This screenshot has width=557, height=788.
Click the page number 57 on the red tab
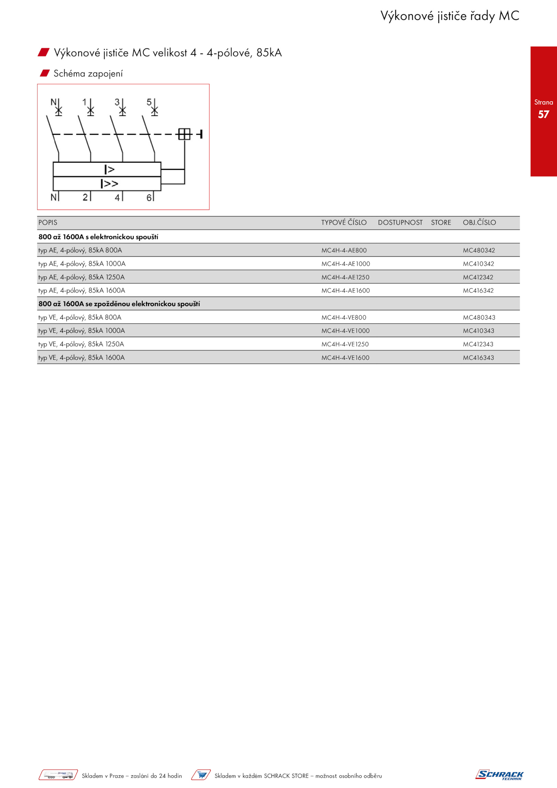click(x=543, y=114)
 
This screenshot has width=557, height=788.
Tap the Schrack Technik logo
click(x=499, y=775)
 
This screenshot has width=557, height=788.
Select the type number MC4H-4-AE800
click(x=344, y=250)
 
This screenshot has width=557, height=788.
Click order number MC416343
click(x=478, y=358)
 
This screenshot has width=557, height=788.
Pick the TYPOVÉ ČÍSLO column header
click(x=344, y=223)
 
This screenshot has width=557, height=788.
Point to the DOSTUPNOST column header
click(x=400, y=223)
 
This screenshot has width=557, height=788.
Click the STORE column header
click(x=441, y=223)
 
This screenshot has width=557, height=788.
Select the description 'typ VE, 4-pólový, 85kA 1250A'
click(x=81, y=344)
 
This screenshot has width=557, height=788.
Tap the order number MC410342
click(x=478, y=264)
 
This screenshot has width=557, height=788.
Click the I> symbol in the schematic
click(x=109, y=170)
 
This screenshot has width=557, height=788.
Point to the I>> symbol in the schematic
click(x=109, y=184)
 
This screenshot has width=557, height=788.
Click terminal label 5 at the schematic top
click(x=149, y=102)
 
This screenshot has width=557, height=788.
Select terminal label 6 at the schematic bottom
click(x=149, y=198)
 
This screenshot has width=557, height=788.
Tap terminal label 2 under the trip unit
click(x=85, y=197)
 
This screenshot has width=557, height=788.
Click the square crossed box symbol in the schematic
click(x=185, y=134)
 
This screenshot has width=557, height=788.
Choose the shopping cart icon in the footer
click(x=201, y=775)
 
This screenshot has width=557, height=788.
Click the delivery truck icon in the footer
click(x=58, y=775)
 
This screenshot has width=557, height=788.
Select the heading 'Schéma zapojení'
click(x=88, y=73)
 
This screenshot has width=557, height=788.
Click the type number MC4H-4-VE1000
click(x=345, y=331)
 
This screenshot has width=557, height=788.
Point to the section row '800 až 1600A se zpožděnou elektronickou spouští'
click(x=119, y=304)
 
